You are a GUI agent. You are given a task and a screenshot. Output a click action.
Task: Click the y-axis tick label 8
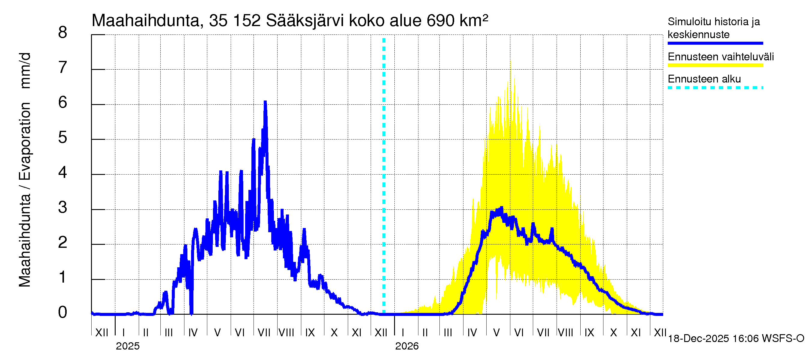click(63, 33)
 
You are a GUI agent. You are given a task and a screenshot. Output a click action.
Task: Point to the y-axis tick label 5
click(63, 138)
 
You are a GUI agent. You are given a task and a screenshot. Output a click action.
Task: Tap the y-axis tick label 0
click(63, 313)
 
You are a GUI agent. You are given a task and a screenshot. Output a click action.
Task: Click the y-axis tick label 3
click(63, 208)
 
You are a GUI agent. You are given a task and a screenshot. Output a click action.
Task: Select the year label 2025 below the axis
click(127, 346)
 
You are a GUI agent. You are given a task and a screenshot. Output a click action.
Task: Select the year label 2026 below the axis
click(407, 346)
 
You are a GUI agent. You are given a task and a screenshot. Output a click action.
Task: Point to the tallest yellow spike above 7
click(510, 61)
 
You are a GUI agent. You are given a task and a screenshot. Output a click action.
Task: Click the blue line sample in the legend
click(715, 43)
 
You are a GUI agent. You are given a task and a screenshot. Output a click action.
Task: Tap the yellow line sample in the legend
click(715, 65)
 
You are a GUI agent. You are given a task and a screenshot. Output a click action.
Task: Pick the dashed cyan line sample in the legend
click(715, 88)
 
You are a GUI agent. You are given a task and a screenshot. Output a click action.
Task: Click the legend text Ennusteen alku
click(704, 79)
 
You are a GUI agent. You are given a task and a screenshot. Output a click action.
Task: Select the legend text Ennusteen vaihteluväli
click(721, 57)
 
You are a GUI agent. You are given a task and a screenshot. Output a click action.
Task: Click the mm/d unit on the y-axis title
click(25, 71)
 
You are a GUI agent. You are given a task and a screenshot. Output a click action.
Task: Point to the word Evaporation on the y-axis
click(25, 141)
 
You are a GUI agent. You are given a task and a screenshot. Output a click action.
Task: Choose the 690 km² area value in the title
click(457, 21)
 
